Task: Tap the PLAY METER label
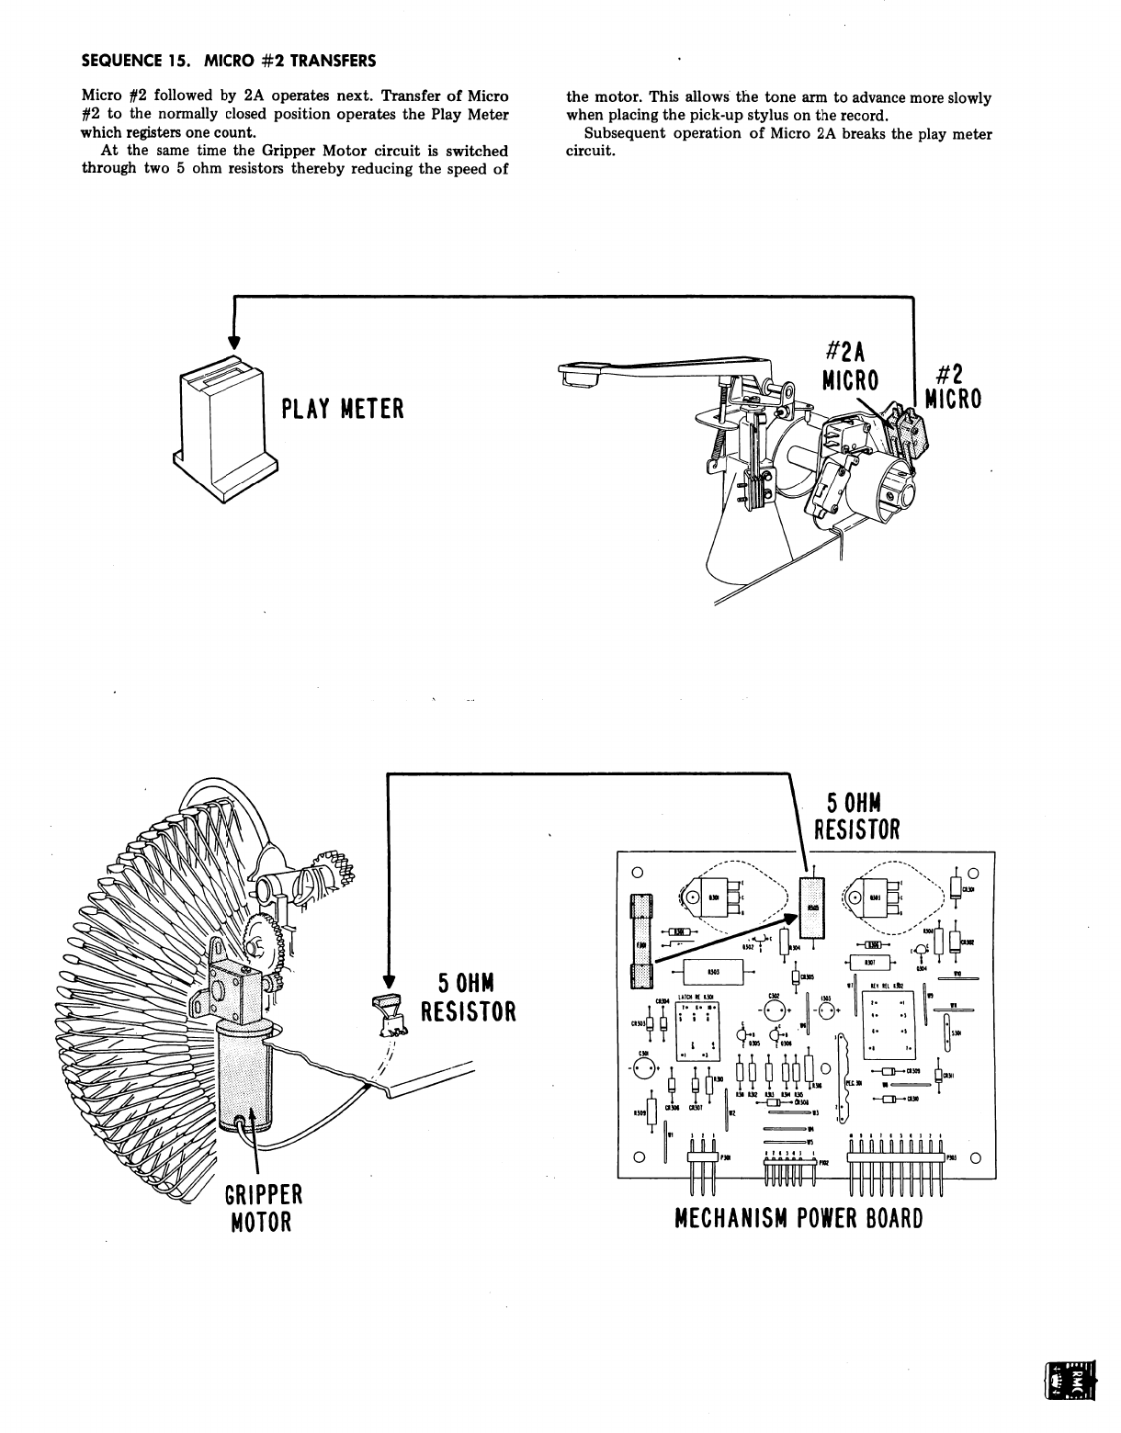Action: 342,408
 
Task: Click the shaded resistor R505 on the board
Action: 812,908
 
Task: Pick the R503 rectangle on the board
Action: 712,973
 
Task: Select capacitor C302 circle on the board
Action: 775,1010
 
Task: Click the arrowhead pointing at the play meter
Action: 234,341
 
